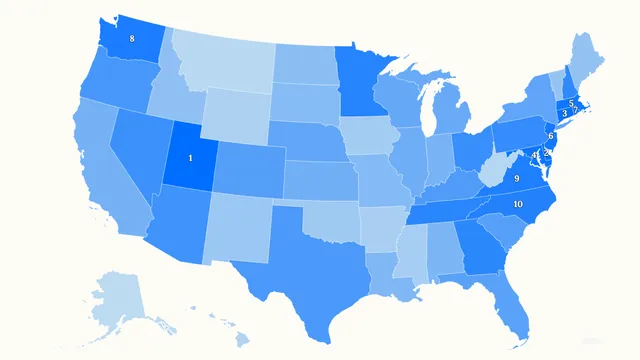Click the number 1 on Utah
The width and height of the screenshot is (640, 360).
190,158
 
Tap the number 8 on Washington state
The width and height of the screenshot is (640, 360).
132,39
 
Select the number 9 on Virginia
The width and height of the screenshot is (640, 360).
516,178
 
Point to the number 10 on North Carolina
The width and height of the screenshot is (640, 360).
517,204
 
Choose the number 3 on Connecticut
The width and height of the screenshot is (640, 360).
565,114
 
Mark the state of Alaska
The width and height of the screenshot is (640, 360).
120,295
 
